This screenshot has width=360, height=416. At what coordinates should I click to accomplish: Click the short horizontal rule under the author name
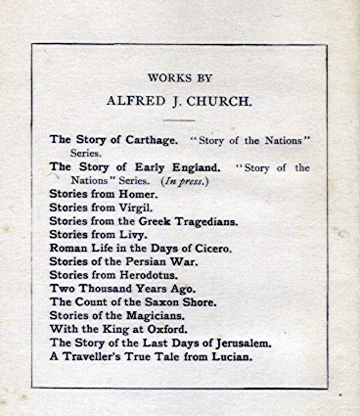point(179,119)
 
